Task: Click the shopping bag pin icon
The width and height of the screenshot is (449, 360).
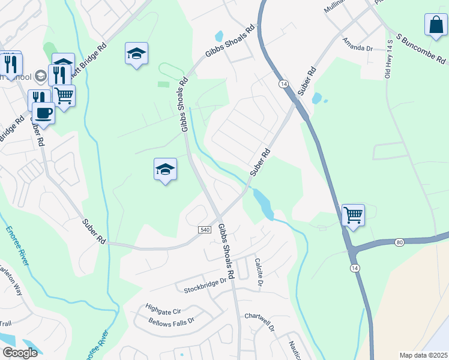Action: click(x=435, y=25)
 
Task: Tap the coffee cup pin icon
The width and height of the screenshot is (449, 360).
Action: click(x=43, y=112)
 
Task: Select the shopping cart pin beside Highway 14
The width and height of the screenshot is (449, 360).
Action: click(x=353, y=215)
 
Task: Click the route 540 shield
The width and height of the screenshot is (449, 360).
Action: click(x=204, y=229)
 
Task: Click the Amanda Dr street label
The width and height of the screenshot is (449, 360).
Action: click(x=358, y=45)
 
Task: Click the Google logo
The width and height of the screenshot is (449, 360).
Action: click(x=19, y=353)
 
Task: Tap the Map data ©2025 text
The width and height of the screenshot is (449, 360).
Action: click(x=423, y=355)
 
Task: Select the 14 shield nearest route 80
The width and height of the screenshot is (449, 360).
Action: click(x=355, y=267)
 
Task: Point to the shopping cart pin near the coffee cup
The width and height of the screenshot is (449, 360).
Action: click(x=64, y=95)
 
